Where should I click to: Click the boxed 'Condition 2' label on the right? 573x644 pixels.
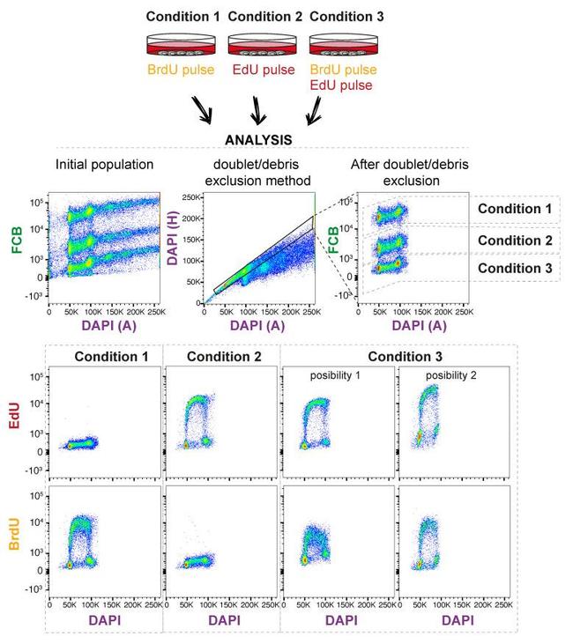click(x=514, y=241)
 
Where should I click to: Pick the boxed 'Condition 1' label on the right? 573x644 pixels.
click(x=514, y=209)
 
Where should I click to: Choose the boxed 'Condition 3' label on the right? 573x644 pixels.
click(x=514, y=268)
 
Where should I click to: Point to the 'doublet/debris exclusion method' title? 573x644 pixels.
click(x=257, y=173)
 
